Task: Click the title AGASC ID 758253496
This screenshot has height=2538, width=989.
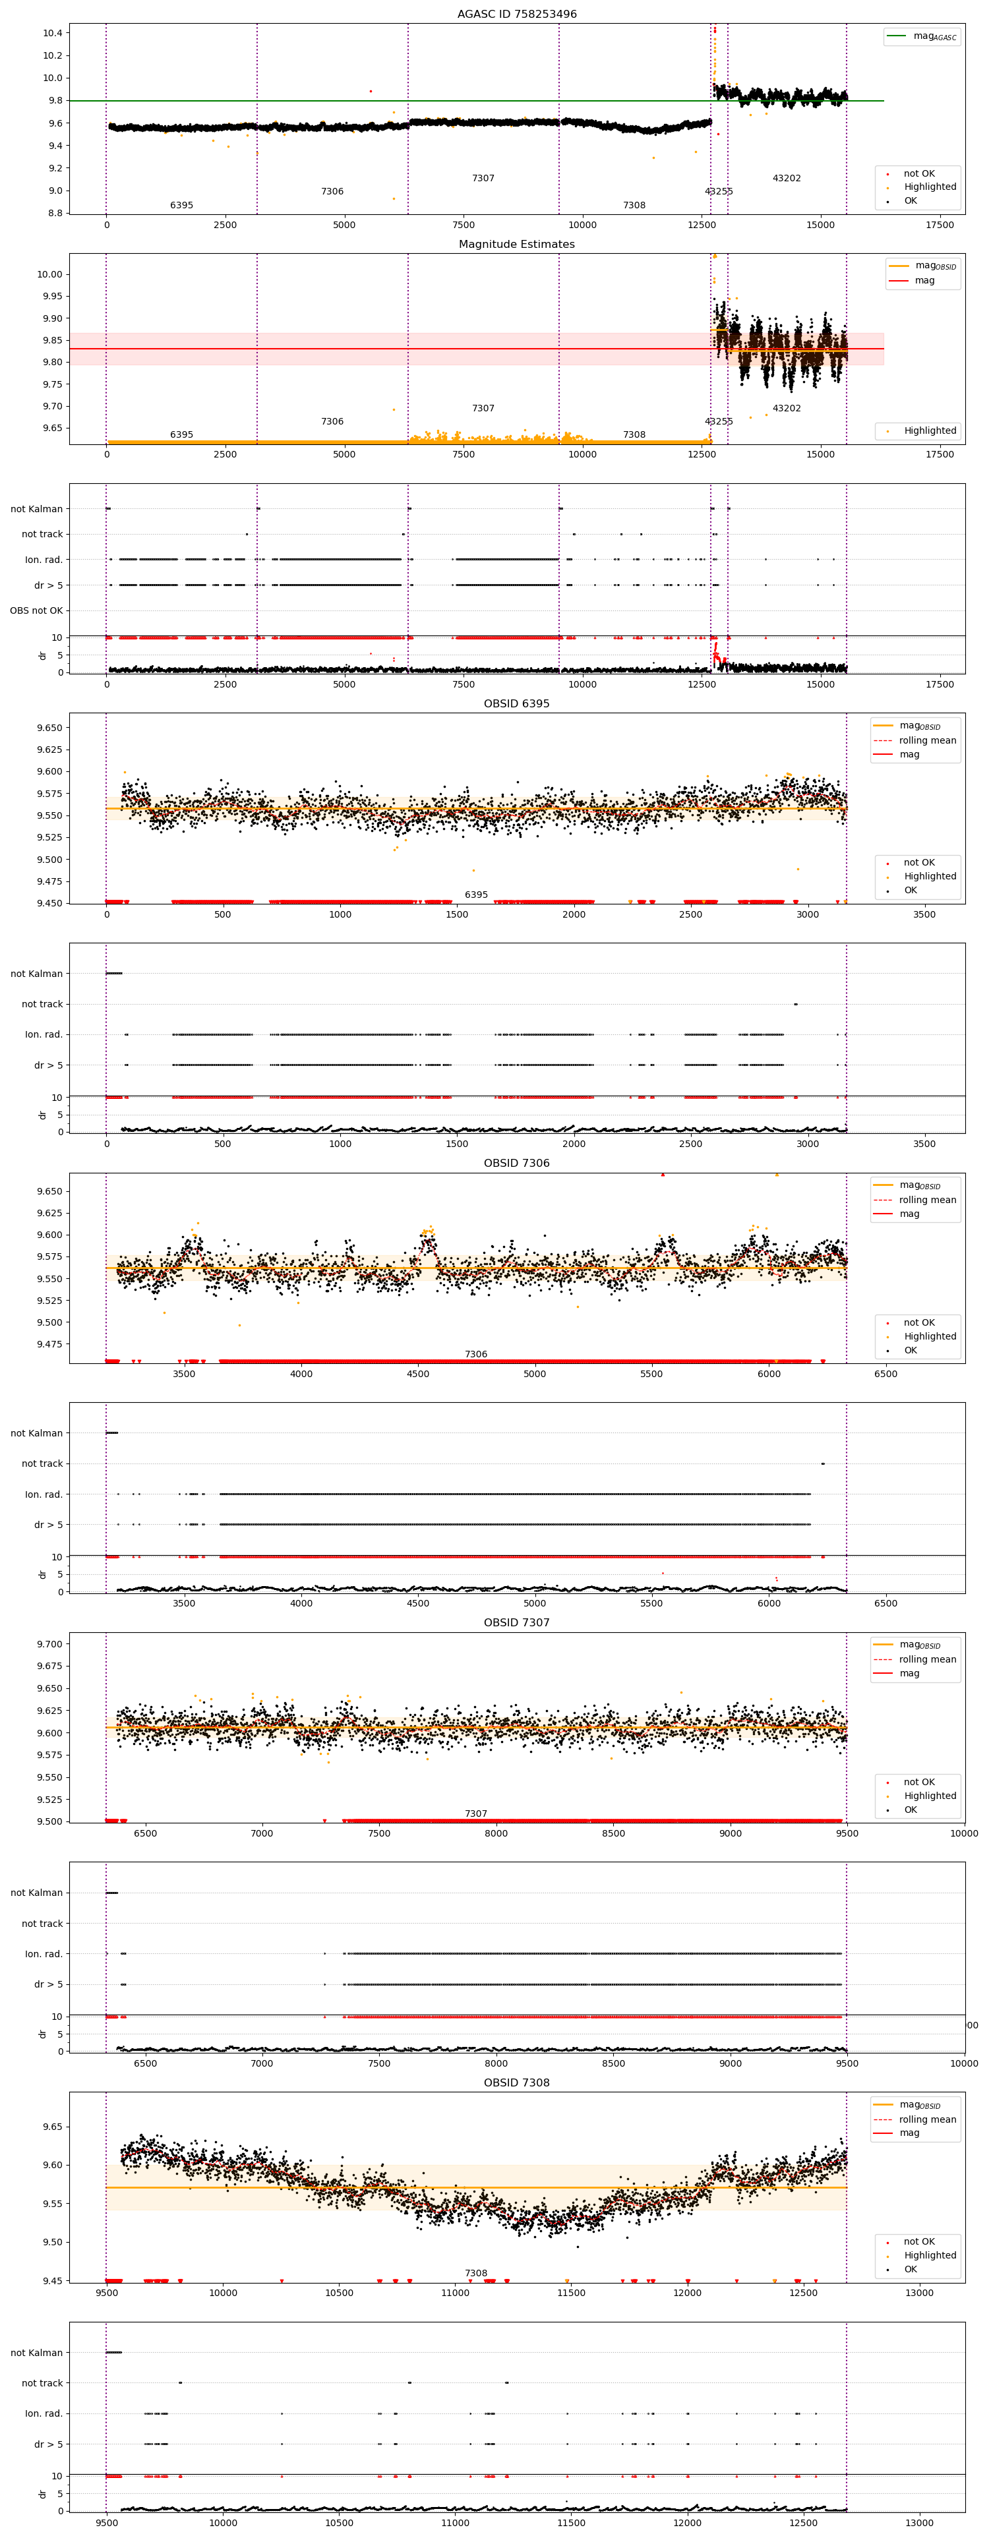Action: click(x=516, y=15)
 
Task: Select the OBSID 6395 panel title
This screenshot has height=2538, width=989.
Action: click(x=516, y=703)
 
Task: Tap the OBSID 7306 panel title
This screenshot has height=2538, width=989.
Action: click(x=516, y=1163)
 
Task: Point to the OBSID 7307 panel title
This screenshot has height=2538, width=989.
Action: click(x=516, y=1623)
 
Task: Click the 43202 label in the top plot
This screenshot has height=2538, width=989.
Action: click(x=786, y=179)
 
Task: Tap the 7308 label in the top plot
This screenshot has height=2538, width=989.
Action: click(x=634, y=205)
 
